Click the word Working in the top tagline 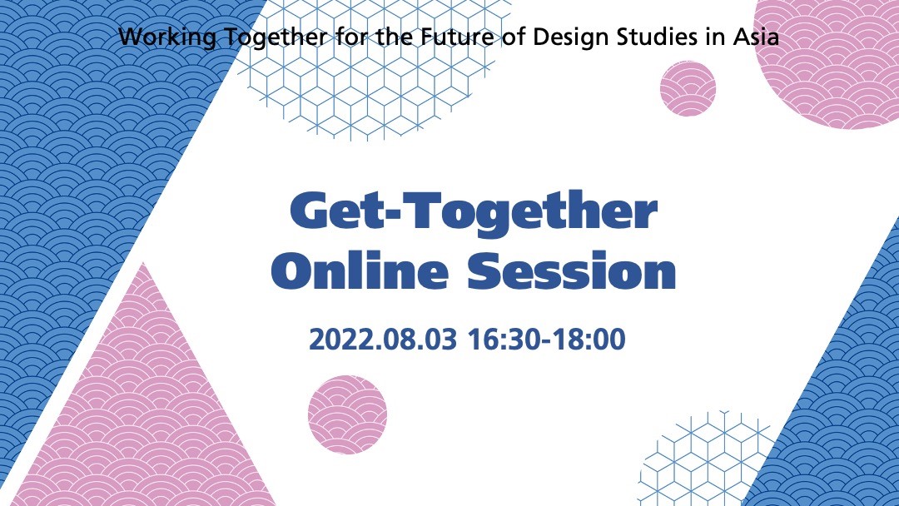coord(167,37)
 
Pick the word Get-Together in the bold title coord(473,212)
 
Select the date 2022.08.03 coord(382,340)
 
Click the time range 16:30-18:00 coord(546,340)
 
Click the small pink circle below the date coord(347,414)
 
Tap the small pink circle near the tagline coord(688,88)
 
